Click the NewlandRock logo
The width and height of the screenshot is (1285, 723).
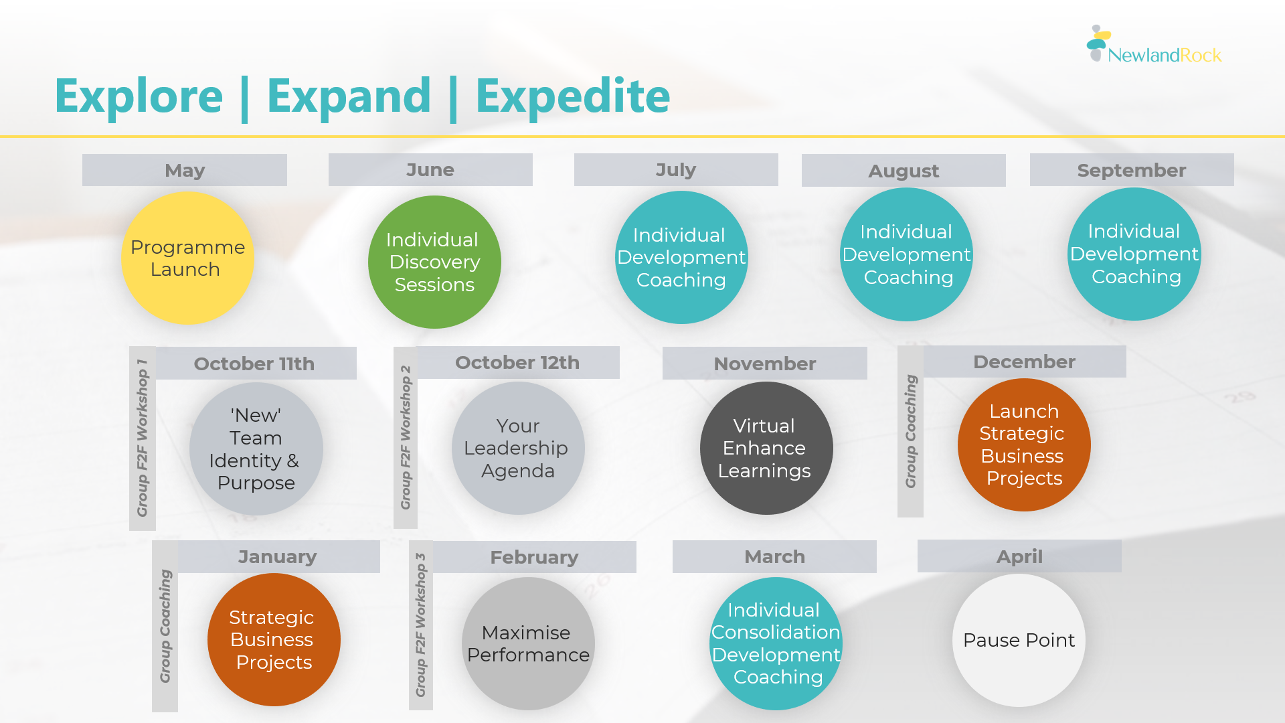pos(1154,44)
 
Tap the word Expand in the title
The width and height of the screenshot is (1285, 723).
pos(349,96)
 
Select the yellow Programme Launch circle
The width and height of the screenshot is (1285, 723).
pos(187,258)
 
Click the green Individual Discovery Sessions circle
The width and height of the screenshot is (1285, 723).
pos(434,262)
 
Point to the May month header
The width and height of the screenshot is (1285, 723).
pos(185,170)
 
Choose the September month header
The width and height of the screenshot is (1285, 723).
pos(1132,170)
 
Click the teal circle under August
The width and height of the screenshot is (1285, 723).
pos(906,254)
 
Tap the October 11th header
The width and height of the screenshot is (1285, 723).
pos(254,364)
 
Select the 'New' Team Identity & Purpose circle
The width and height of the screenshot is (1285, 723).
pos(256,449)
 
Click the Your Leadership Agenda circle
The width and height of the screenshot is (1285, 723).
pos(518,449)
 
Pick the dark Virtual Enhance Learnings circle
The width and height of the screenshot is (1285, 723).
pos(766,449)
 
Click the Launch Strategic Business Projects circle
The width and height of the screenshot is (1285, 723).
pos(1024,445)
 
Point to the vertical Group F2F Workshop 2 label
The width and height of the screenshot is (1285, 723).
pos(406,438)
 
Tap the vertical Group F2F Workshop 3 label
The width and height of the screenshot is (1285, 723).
pos(421,625)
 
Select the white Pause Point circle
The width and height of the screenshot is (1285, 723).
pos(1019,640)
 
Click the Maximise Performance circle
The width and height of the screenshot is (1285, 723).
pos(528,644)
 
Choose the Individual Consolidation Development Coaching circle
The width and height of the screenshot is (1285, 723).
pos(776,644)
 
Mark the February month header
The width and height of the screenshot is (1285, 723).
pos(534,557)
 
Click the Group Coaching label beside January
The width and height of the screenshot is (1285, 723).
pos(165,627)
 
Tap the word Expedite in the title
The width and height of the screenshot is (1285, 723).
pos(573,96)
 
